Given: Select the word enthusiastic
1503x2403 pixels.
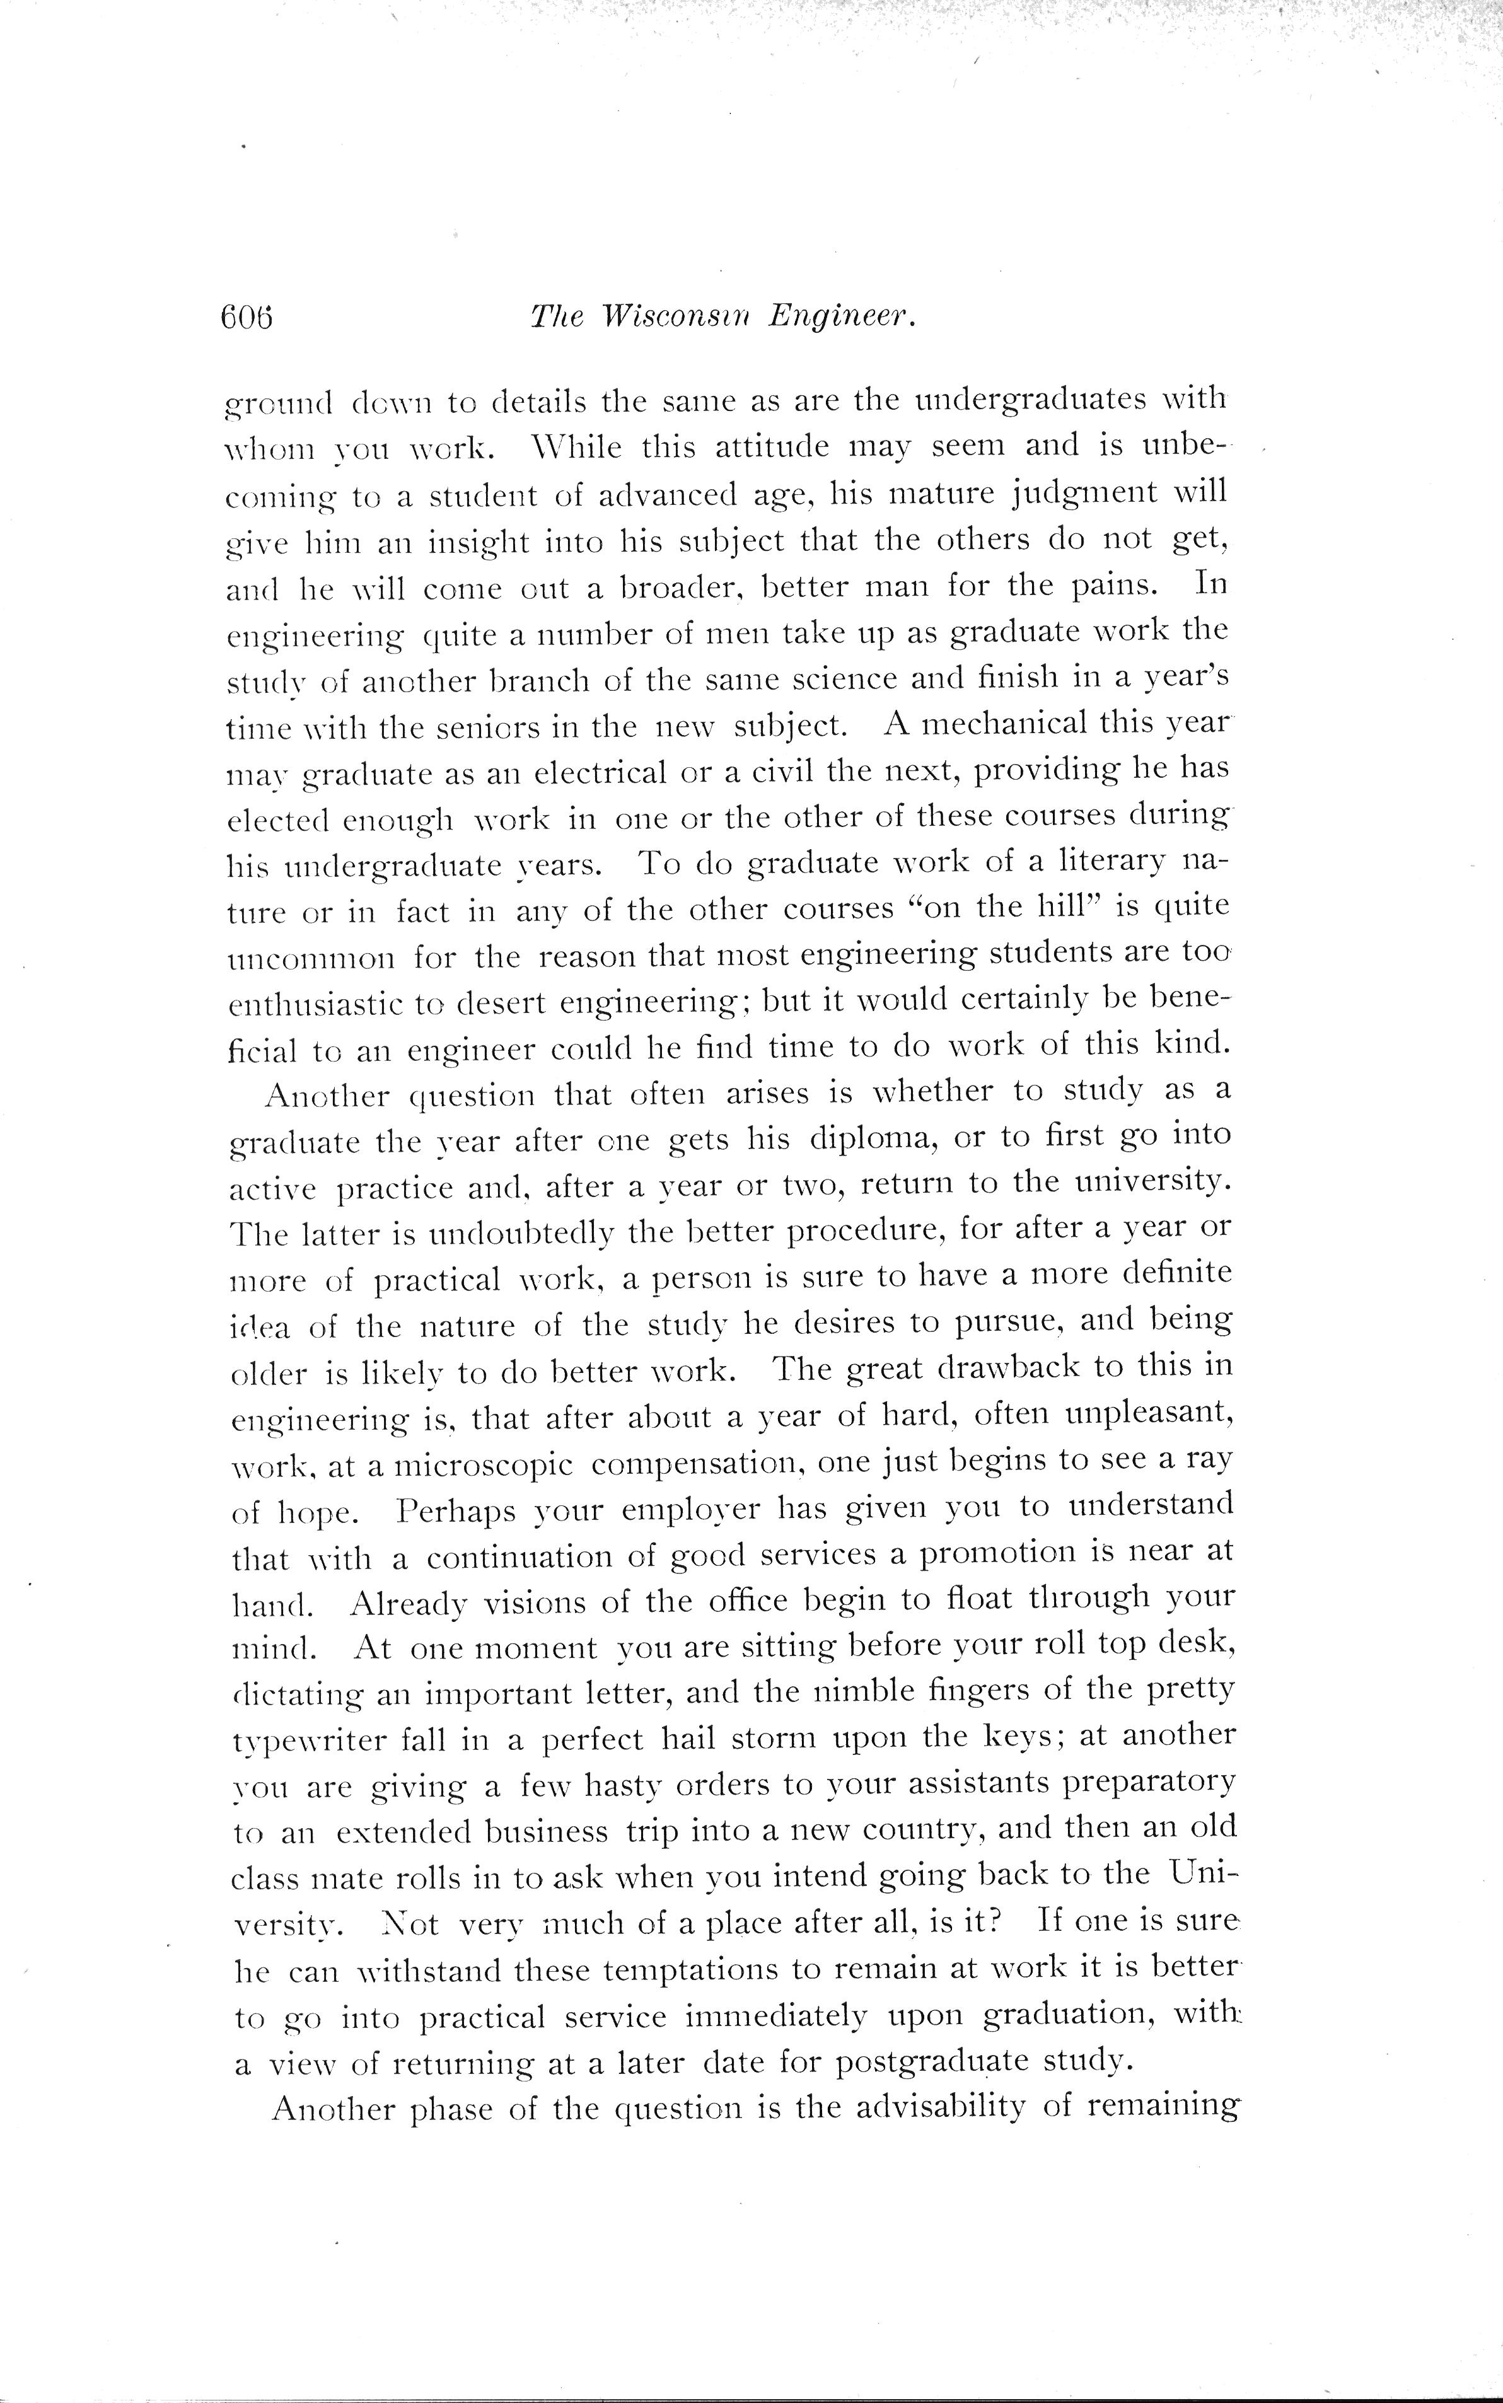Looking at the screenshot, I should pyautogui.click(x=312, y=1004).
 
